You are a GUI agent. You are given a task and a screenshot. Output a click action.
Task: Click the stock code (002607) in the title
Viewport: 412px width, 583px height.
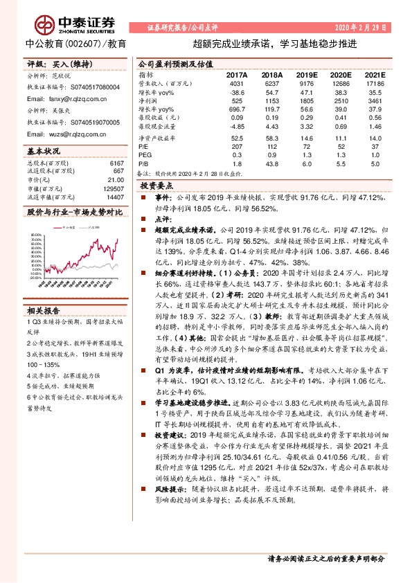(x=85, y=43)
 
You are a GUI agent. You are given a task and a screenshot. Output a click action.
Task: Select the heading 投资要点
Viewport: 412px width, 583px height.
(x=157, y=186)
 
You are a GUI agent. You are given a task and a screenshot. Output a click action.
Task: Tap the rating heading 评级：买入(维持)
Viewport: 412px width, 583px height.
(x=52, y=64)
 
